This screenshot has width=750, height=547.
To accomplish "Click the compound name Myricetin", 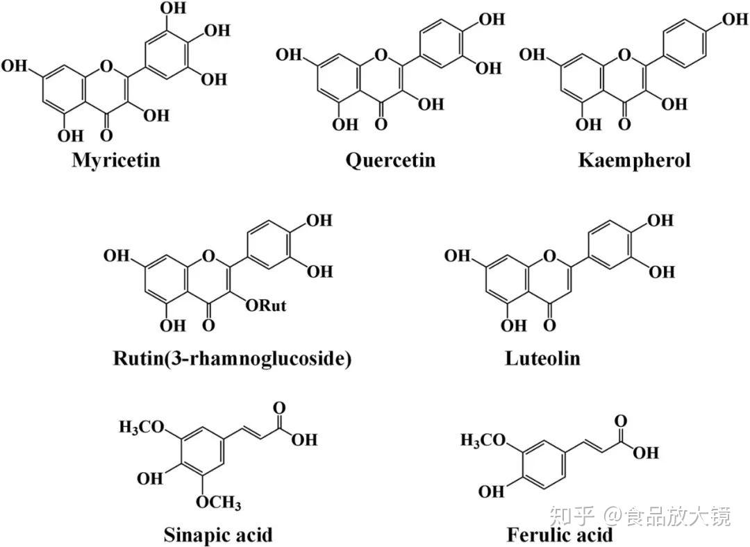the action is (x=116, y=160).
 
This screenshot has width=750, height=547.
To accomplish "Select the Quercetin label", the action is (x=391, y=160).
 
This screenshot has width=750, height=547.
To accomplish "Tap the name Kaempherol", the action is (x=634, y=160).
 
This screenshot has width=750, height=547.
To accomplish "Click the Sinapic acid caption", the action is (x=218, y=535).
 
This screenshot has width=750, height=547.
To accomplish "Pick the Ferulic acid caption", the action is (x=560, y=535).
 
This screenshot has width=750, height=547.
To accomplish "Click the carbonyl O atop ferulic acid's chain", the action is (x=620, y=420).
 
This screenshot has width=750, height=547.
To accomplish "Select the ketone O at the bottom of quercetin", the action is (x=379, y=124).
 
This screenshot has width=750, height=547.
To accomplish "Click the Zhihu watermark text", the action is (x=640, y=516).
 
